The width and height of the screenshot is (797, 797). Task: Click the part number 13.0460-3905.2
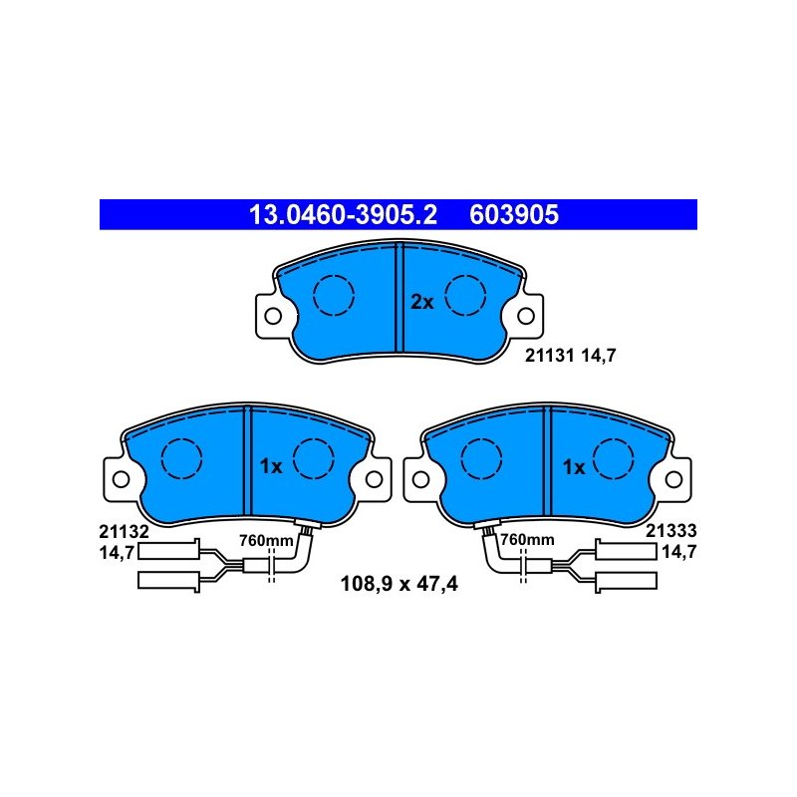343,214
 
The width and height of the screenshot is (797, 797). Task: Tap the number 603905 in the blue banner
514,214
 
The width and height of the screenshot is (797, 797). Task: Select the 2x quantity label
421,303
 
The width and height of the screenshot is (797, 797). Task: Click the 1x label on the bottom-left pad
270,466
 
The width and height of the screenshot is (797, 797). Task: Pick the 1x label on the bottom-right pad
574,467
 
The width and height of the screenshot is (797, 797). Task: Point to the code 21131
550,356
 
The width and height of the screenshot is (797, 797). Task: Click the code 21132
124,532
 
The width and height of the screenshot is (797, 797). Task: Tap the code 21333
670,531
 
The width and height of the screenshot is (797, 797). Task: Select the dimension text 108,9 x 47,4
399,584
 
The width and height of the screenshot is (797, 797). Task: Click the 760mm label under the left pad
266,540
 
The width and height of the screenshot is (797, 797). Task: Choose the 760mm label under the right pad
527,539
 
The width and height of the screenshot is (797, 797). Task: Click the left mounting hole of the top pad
273,316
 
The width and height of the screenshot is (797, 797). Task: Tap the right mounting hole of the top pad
526,316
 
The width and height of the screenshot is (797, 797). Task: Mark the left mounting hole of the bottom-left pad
121,479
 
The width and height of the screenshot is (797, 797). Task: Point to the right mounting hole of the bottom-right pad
673,479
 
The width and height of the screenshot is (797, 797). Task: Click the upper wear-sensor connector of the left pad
168,551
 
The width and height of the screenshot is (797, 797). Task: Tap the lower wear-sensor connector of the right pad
627,581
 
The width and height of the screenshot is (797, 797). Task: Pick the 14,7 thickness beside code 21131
598,356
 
